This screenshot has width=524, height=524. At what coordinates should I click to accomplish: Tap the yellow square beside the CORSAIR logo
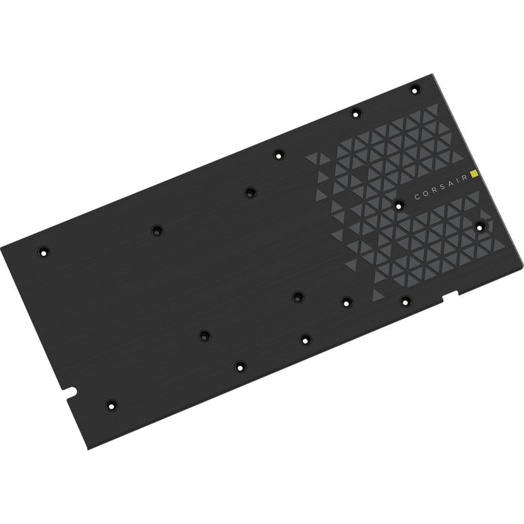point(474,177)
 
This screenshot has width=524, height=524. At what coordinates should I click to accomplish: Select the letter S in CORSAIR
point(439,187)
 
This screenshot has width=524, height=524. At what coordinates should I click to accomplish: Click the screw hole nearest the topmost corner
point(415,91)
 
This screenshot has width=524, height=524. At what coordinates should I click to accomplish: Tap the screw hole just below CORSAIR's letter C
point(399,204)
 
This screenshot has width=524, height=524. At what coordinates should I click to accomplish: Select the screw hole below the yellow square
point(480,225)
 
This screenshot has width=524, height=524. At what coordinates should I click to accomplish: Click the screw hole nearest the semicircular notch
point(111,404)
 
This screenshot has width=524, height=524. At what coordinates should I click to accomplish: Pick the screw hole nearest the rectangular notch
point(405,302)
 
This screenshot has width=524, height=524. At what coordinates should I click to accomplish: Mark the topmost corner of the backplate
point(433,75)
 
